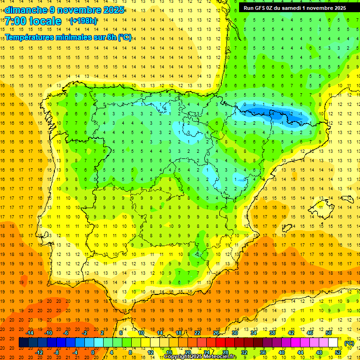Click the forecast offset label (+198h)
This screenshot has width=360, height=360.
coord(83,21)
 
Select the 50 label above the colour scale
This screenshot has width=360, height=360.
coord(328,333)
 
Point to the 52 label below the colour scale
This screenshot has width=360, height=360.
coord(337,352)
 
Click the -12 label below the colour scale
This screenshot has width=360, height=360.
coord(39,352)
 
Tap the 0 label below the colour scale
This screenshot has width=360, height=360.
coord(92,352)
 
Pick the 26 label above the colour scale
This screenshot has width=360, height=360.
coord(216,333)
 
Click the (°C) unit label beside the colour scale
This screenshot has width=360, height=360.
coord(349,343)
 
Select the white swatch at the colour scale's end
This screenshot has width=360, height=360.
coord(333,343)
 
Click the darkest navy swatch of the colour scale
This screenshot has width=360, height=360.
coord(23,343)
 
